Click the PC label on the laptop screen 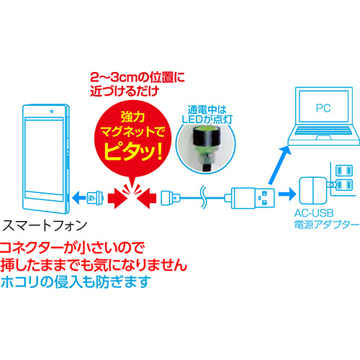pyautogui.click(x=323, y=108)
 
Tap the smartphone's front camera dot pyautogui.click(x=52, y=112)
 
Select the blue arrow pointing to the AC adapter pyautogui.click(x=287, y=193)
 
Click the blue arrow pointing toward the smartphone pyautogui.click(x=79, y=198)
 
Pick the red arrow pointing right pyautogui.click(x=117, y=198)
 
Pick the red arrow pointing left pyautogui.click(x=147, y=198)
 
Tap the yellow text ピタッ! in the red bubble pyautogui.click(x=133, y=152)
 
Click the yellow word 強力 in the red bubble pyautogui.click(x=132, y=117)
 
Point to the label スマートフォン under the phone pyautogui.click(x=45, y=225)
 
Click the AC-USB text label pyautogui.click(x=314, y=213)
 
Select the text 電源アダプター pyautogui.click(x=327, y=225)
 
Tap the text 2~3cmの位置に pyautogui.click(x=138, y=78)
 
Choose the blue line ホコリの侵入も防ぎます pyautogui.click(x=76, y=282)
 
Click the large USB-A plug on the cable pyautogui.click(x=253, y=198)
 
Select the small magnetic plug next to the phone pyautogui.click(x=95, y=198)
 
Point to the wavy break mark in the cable pyautogui.click(x=203, y=197)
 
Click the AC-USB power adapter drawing pyautogui.click(x=312, y=191)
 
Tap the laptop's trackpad pyautogui.click(x=324, y=138)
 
